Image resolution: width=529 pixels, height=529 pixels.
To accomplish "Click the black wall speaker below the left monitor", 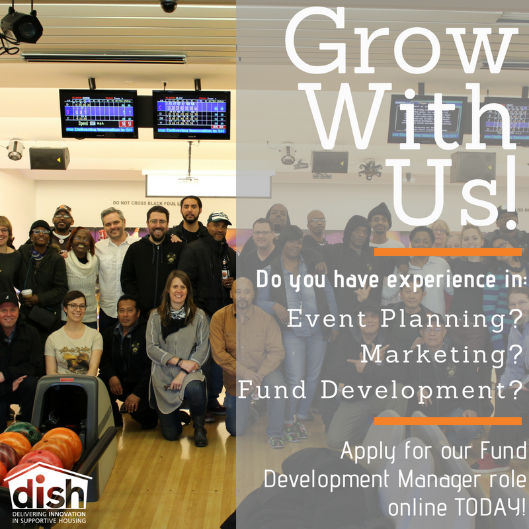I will point(49,158).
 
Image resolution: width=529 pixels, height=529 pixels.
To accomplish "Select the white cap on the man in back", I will point(219,218).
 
